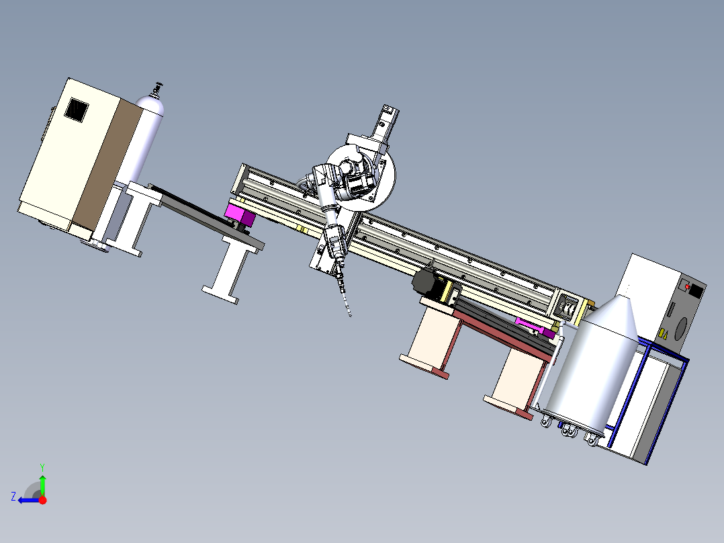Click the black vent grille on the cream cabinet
tap(76, 110)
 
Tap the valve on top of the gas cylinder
tap(158, 89)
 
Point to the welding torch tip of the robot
tap(349, 315)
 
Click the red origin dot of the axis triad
tap(42, 500)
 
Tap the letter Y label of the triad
tap(42, 467)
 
